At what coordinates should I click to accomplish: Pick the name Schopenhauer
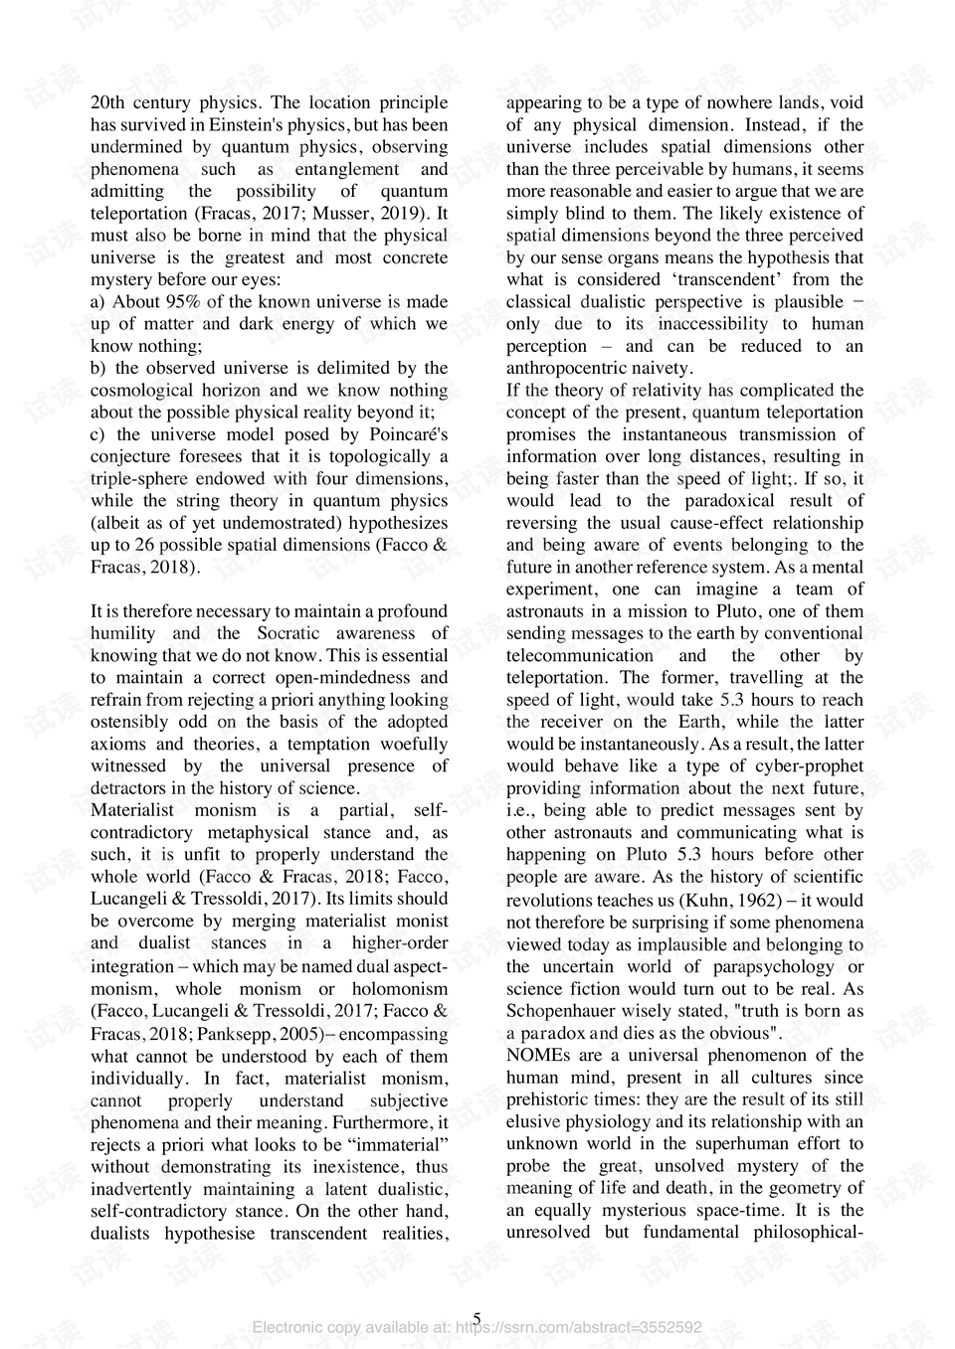coord(560,1012)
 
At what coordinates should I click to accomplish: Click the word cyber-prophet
coord(804,766)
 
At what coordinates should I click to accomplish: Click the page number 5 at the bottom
coord(477,1319)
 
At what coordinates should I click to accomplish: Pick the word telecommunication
coord(579,656)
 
